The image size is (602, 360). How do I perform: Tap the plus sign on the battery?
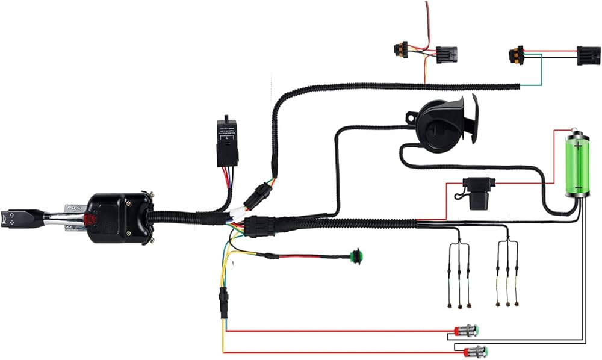(579, 146)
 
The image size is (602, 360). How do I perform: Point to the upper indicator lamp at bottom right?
(467, 330)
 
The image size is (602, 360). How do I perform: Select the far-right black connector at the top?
(589, 55)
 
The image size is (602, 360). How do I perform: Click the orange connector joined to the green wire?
(516, 55)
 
